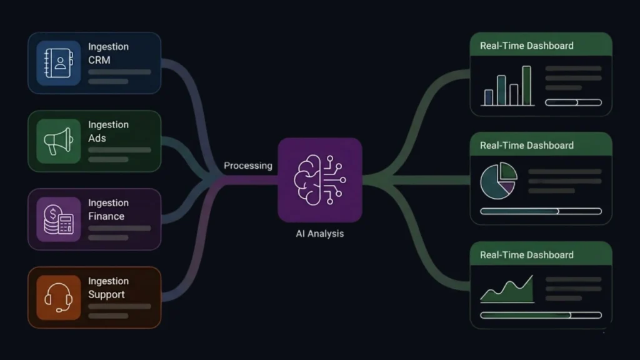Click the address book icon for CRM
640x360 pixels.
(58, 63)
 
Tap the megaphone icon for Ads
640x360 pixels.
(58, 141)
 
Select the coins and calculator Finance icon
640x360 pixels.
(58, 219)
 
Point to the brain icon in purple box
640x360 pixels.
(319, 180)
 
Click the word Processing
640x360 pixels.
(248, 166)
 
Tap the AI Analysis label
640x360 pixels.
(319, 234)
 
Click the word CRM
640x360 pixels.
(99, 60)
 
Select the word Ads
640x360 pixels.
(97, 138)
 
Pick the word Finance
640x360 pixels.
(106, 216)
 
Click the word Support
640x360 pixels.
(106, 294)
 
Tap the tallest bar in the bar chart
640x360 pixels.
(526, 85)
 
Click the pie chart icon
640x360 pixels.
(498, 181)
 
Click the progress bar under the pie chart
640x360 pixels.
(541, 211)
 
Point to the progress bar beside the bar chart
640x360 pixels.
(573, 102)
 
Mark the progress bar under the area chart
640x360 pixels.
(541, 315)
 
